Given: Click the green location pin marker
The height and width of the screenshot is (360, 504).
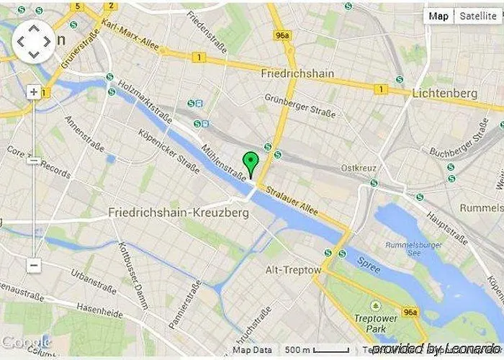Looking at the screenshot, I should tap(251, 163).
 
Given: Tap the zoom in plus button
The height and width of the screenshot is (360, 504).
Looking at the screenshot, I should tap(34, 92).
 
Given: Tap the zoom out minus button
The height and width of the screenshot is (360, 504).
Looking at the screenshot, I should tap(34, 266).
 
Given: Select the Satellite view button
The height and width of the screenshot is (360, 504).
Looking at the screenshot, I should tap(478, 16).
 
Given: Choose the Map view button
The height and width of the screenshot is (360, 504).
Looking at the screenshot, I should tap(438, 16).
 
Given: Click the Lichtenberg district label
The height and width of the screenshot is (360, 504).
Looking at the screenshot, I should tap(445, 94).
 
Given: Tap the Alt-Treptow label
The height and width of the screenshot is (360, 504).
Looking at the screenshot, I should tap(294, 270).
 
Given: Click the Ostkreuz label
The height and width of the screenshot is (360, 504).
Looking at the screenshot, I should tap(359, 168).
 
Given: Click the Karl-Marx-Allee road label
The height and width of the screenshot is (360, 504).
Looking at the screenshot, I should tap(130, 35).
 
